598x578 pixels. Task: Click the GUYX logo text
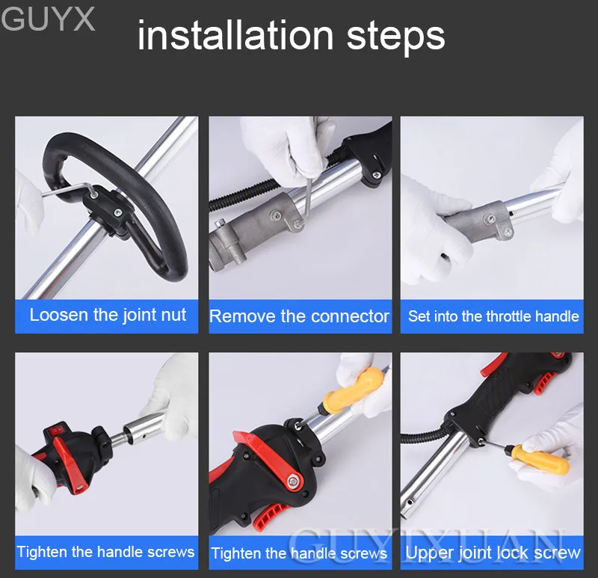[x=48, y=19]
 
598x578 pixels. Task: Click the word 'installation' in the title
[x=235, y=35]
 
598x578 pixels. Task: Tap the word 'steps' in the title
[x=396, y=37]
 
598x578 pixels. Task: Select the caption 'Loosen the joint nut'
[x=108, y=315]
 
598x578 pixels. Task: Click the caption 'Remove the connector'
[x=300, y=316]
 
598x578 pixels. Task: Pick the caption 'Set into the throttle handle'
[x=493, y=316]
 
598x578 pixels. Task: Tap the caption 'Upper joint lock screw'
[x=493, y=553]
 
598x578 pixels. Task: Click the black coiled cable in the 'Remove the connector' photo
[x=244, y=193]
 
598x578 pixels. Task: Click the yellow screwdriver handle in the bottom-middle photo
[x=353, y=391]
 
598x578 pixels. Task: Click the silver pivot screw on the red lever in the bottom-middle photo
[x=293, y=482]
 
